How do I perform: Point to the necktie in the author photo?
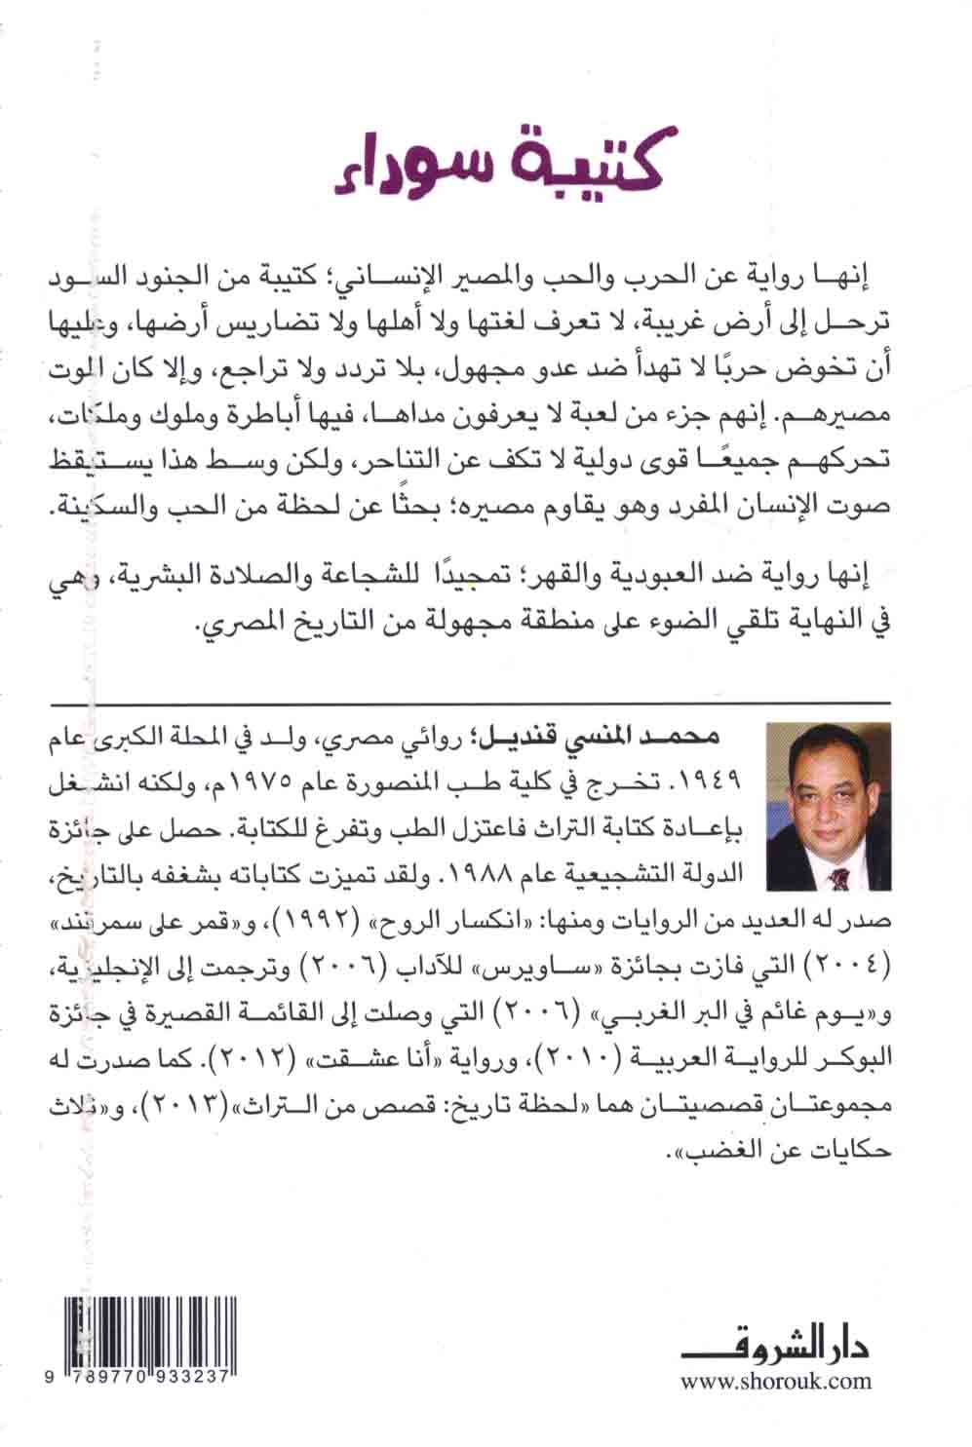836,881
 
